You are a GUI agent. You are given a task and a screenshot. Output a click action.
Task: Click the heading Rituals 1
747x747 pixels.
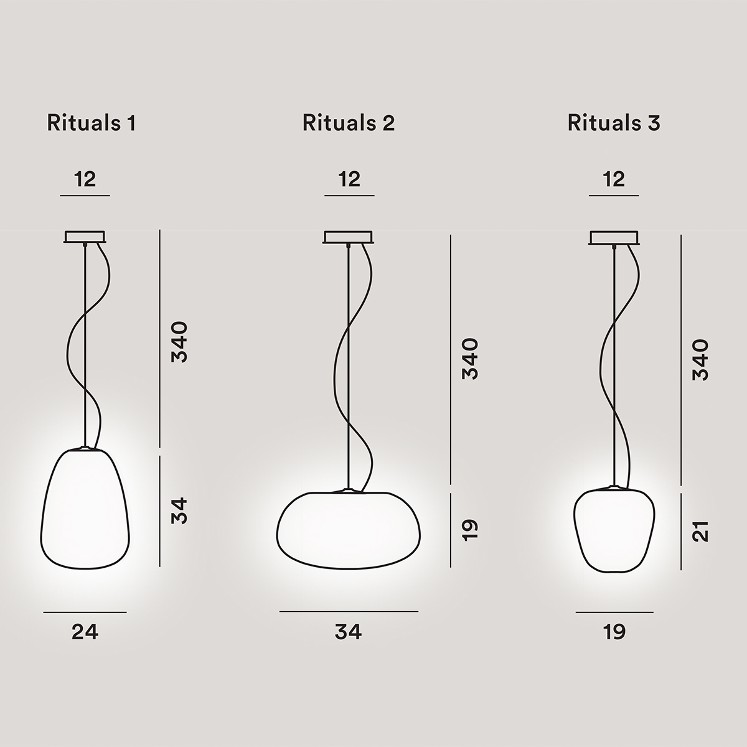coord(91,123)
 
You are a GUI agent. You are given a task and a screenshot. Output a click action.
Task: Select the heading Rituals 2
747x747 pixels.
coord(349,123)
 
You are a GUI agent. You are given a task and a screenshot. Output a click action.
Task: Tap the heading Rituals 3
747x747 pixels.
coord(614,123)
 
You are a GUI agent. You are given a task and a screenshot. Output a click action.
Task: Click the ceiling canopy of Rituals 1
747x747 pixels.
coord(85,237)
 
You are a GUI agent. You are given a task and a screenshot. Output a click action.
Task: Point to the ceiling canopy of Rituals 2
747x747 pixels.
coord(349,237)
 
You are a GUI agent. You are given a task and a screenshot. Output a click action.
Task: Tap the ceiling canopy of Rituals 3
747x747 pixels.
coord(614,237)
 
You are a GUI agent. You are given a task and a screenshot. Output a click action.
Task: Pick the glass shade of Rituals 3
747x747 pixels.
coord(614,529)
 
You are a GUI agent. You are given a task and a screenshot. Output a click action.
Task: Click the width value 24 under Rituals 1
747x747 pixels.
coord(85,632)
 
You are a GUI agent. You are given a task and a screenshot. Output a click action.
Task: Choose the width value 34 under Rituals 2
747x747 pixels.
coord(349,632)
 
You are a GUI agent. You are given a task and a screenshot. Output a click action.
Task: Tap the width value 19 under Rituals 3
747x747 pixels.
coord(614,632)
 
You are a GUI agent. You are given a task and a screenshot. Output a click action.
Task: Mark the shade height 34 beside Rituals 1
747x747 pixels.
coord(179,510)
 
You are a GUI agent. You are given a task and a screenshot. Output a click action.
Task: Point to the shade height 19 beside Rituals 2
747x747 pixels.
coord(470,529)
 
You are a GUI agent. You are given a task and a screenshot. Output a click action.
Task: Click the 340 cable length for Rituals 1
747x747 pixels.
coord(179,342)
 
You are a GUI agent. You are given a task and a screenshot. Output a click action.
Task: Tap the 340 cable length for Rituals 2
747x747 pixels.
coord(470,359)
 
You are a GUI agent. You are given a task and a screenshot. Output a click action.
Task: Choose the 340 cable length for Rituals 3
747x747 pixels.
coord(701,360)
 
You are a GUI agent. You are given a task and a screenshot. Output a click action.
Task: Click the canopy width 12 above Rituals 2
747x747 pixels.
coord(350,179)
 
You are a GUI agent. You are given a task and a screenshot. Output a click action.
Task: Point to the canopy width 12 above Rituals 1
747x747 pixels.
coord(85,179)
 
